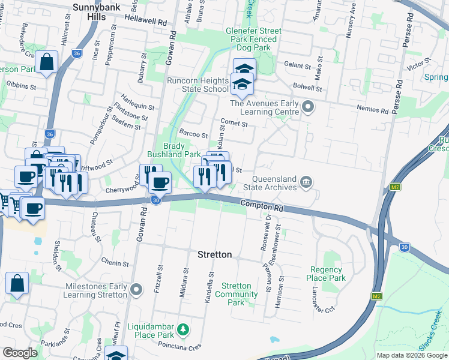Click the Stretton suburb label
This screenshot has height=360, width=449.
pos(215,254)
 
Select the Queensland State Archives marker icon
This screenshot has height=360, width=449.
pos(306,182)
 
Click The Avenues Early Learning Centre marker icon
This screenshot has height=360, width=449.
pos(309,108)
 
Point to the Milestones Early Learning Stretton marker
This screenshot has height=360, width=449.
pos(137,290)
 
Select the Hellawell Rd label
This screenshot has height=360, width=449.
pos(145,20)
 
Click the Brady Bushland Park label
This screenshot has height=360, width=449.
pos(182,150)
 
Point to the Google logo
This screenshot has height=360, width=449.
pos(20,352)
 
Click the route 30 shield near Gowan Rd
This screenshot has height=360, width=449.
pos(156,200)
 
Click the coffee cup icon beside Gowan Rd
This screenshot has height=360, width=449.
pos(160,182)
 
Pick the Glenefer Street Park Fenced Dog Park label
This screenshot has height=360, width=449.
pos(251,39)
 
